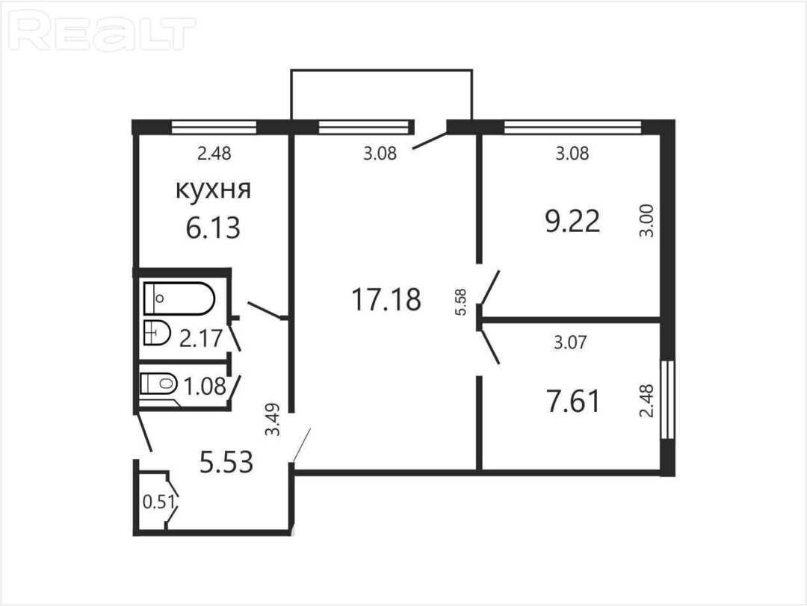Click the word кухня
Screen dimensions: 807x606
click(x=214, y=190)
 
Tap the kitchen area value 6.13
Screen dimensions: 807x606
click(x=213, y=228)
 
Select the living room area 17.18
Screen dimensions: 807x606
click(x=386, y=299)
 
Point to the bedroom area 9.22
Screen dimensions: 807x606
click(x=572, y=222)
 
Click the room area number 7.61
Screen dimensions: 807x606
click(x=573, y=402)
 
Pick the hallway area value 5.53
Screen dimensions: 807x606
click(x=226, y=461)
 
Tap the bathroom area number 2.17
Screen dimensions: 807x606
click(x=201, y=338)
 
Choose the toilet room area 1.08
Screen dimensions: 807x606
click(x=205, y=386)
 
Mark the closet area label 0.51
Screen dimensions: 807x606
click(x=159, y=502)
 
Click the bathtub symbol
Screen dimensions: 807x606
click(x=179, y=298)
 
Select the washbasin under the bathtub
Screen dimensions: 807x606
click(x=157, y=333)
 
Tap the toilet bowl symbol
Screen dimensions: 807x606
click(x=158, y=384)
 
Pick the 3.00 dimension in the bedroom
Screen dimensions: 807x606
click(x=647, y=220)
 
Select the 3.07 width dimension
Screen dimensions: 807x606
click(x=570, y=342)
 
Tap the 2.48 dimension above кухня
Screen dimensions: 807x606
click(x=214, y=153)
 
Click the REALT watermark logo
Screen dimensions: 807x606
click(x=102, y=34)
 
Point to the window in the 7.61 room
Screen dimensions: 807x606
click(x=667, y=399)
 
